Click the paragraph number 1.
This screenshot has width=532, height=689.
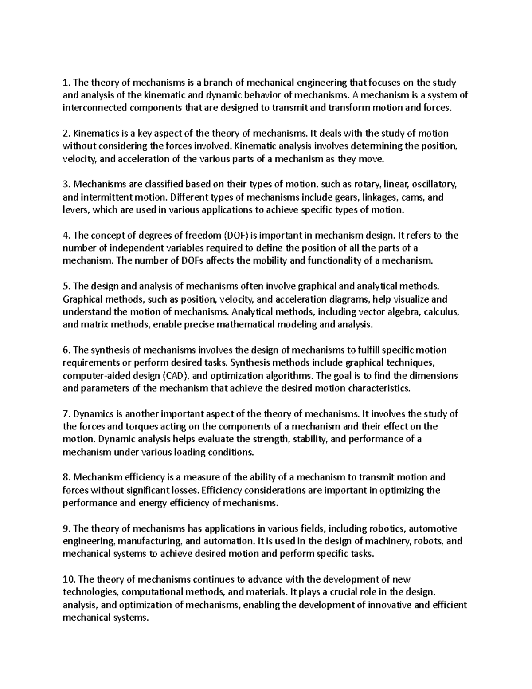pos(66,83)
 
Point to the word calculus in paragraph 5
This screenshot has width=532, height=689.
pos(441,312)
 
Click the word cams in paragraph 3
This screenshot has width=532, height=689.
pos(413,197)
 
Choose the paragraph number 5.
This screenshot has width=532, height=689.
pos(66,287)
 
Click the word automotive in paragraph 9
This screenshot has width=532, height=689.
pos(432,529)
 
